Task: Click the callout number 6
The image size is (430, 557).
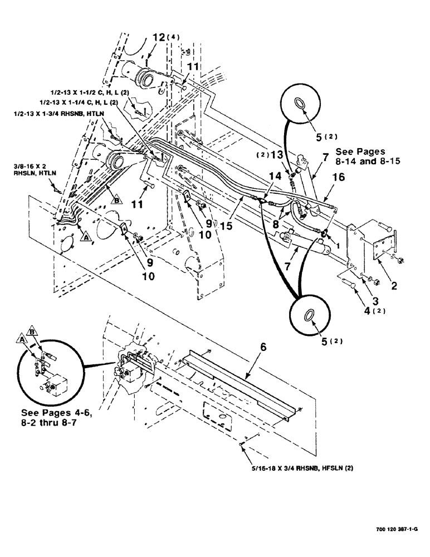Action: [264, 347]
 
